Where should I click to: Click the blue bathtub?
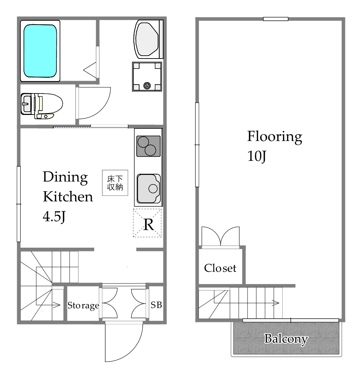click(40, 51)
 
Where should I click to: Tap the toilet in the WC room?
click(42, 106)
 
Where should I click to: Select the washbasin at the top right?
click(148, 39)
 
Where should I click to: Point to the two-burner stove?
click(148, 146)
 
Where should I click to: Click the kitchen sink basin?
click(148, 188)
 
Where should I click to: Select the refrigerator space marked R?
click(147, 223)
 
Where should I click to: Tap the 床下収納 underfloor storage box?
click(115, 183)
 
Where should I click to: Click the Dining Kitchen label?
click(68, 187)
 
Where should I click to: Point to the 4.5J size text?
click(54, 217)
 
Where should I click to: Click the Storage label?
click(83, 305)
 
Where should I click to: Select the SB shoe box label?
click(156, 305)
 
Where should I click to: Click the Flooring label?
click(274, 137)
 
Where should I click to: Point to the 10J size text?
click(257, 156)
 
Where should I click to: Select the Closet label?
click(220, 268)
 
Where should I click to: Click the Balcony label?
click(286, 339)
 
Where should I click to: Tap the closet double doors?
click(220, 236)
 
